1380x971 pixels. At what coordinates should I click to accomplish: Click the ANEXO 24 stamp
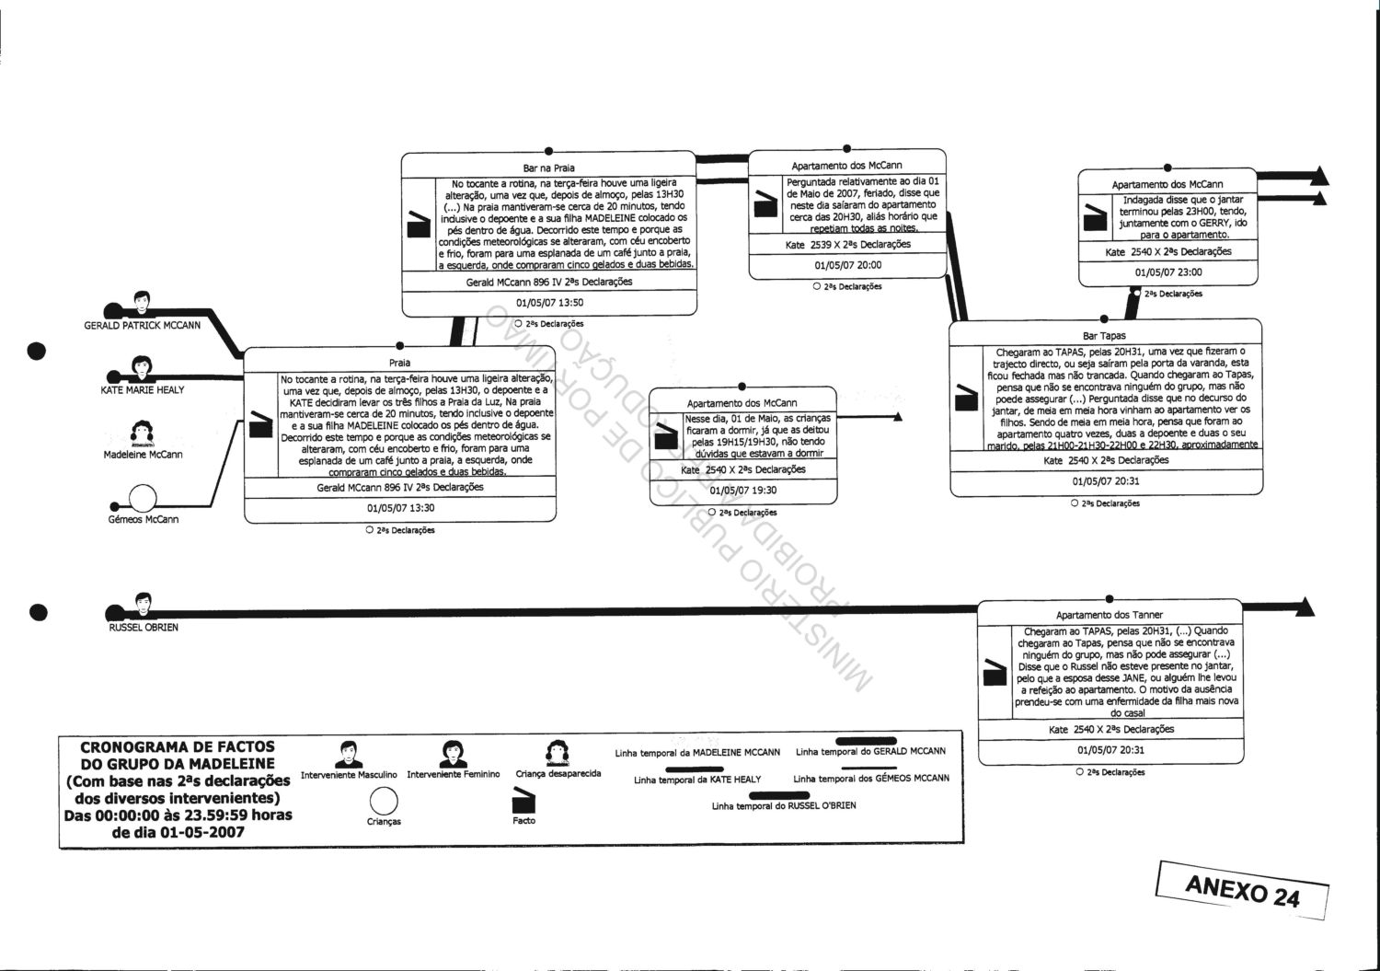coord(1242,890)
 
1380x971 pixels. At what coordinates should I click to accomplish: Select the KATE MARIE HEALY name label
coord(143,389)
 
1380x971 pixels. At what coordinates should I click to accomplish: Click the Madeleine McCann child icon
coord(143,432)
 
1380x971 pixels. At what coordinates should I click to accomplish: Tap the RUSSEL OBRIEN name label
coord(143,627)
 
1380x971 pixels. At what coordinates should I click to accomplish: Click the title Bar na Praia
coord(548,168)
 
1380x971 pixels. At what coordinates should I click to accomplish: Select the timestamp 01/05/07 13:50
coord(548,302)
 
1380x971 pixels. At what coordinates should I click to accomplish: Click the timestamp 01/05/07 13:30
coord(399,507)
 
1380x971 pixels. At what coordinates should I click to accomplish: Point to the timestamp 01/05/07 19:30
coord(742,491)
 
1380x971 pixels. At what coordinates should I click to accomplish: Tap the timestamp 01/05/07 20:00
coord(847,265)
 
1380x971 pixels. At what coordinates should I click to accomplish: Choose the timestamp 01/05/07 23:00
coord(1167,272)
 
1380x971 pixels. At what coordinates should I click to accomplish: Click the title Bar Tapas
coord(1105,336)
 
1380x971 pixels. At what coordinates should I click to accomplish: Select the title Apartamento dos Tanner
coord(1109,615)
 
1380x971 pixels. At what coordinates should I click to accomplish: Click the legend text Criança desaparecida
coord(558,774)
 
